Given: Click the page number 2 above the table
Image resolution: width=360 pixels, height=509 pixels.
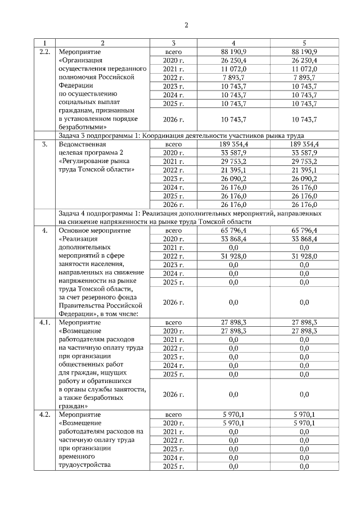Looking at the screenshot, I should tap(186, 25).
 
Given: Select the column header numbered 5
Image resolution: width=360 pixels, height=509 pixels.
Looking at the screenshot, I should tap(304, 43).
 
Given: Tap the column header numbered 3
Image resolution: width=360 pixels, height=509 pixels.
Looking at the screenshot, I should tap(174, 43).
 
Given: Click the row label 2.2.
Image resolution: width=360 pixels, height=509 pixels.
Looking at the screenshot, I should tap(44, 52).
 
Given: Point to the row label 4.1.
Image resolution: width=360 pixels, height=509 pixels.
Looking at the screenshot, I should tap(44, 322).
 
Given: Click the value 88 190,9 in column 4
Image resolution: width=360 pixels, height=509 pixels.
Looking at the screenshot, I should tap(233, 52).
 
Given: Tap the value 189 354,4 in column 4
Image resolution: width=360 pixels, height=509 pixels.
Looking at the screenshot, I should tap(233, 144).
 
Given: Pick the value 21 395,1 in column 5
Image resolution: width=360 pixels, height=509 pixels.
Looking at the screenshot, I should tap(304, 170).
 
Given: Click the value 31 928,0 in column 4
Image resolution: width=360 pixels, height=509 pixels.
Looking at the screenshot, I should tap(233, 256).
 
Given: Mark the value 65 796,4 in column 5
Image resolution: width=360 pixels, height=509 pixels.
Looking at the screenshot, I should tap(304, 231).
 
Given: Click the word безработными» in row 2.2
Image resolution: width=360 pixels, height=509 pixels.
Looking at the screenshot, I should tap(83, 128).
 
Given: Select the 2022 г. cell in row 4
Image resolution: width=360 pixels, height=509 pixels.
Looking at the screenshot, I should tap(174, 256).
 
